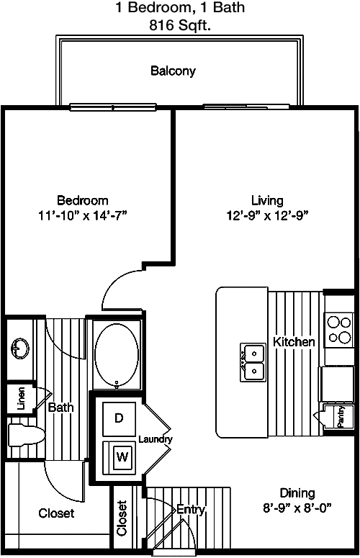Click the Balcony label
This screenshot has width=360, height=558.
tap(173, 71)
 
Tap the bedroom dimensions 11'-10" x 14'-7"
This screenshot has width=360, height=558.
tap(83, 215)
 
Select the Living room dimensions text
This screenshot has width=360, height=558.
tap(267, 215)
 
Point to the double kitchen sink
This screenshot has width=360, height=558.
tap(253, 362)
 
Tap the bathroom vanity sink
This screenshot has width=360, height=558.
tap(20, 348)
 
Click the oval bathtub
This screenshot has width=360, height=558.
tap(117, 354)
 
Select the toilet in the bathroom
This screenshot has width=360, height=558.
tap(26, 434)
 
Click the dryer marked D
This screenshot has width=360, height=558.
tap(120, 419)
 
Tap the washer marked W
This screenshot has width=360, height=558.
tap(120, 458)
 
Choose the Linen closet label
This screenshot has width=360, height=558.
tap(22, 399)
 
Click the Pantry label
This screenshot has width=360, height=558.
tap(341, 417)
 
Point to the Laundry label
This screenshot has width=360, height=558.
tap(156, 440)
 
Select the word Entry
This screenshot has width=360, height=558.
tap(191, 510)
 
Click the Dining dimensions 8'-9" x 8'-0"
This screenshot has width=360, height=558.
tap(297, 508)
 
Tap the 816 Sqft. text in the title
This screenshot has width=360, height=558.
tap(180, 25)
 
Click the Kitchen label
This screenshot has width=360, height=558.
tap(294, 342)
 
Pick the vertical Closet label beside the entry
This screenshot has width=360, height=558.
tap(122, 518)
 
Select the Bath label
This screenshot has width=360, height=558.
tap(60, 407)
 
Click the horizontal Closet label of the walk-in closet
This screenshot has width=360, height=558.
tap(57, 513)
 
